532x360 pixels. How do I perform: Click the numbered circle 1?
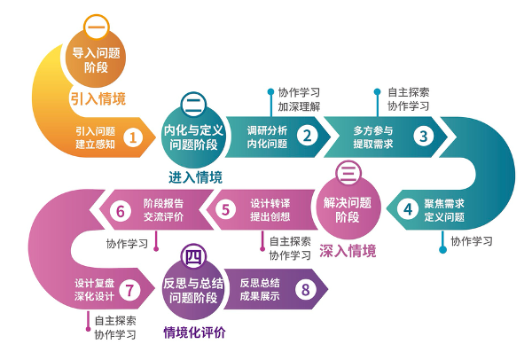pyautogui.click(x=133, y=137)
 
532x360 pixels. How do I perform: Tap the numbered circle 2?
pyautogui.click(x=307, y=137)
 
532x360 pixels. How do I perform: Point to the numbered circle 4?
pyautogui.click(x=408, y=210)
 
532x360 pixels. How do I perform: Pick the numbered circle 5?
pyautogui.click(x=226, y=210)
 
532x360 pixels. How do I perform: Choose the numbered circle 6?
pyautogui.click(x=121, y=210)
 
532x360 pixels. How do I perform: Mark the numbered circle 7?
pyautogui.click(x=129, y=289)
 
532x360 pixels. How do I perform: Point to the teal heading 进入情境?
pyautogui.click(x=195, y=176)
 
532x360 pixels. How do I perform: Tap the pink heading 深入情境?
pyautogui.click(x=348, y=250)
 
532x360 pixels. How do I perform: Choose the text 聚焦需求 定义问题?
pyautogui.click(x=444, y=210)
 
